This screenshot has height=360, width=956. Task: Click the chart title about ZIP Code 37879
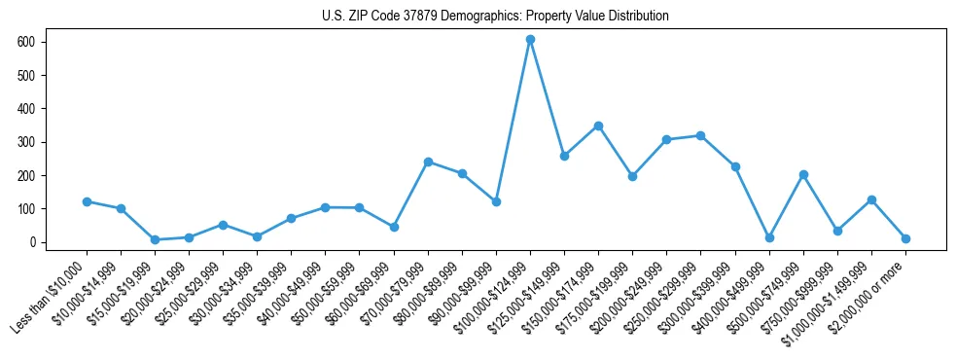[x=495, y=17]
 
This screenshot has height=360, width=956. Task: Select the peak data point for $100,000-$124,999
[x=530, y=39]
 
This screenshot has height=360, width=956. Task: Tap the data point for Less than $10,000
[x=87, y=201]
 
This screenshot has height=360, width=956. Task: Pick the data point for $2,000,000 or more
[x=905, y=238]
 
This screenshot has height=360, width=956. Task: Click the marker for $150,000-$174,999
[x=598, y=126]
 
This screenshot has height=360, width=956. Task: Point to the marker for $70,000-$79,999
[x=428, y=162]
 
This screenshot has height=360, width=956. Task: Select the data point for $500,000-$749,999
[x=803, y=174]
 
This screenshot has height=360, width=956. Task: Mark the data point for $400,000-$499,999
[x=769, y=237]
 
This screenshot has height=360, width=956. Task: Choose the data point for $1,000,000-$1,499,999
[x=871, y=199]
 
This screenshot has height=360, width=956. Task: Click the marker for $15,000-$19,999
[x=155, y=239]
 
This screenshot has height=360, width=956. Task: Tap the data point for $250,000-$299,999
[x=700, y=135]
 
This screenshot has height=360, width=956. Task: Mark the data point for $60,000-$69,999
[x=394, y=227]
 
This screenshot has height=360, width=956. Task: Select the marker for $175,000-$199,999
[x=632, y=176]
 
